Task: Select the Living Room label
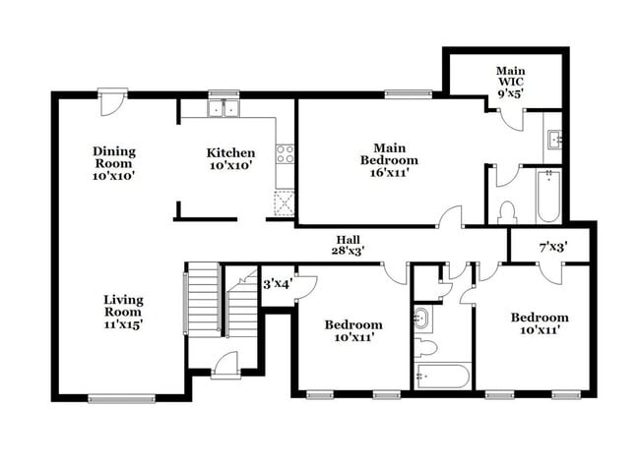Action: coord(123,312)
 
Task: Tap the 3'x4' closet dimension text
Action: coord(276,284)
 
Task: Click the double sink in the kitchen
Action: coord(224,108)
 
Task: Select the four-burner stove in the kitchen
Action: coord(285,152)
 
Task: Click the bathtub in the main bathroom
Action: coord(548,197)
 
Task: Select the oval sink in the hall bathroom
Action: coord(423,318)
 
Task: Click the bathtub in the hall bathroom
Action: coord(442,378)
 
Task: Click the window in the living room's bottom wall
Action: coord(122,398)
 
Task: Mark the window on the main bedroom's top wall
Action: coord(408,94)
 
